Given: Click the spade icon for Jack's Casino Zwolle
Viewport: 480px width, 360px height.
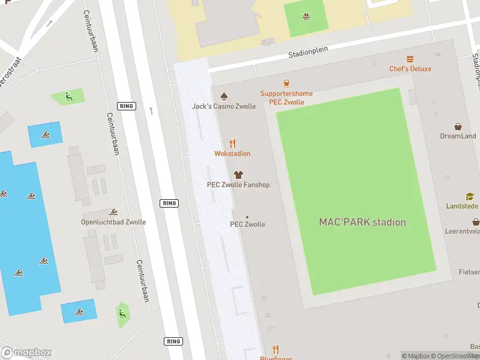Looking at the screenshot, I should [x=224, y=96].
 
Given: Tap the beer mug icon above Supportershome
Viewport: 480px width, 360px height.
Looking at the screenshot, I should [x=286, y=83].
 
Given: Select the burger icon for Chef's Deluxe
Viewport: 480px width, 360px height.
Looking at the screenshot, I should [x=410, y=59].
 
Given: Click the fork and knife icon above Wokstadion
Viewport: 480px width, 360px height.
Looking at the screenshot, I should [x=232, y=143].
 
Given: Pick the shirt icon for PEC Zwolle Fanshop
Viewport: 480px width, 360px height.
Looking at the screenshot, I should [x=238, y=175].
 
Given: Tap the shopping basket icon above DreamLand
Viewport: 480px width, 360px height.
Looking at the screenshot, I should [x=458, y=127].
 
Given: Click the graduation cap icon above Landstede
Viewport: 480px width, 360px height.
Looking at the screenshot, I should [x=470, y=196].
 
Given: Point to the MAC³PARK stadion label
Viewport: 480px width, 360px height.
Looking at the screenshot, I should [x=362, y=222].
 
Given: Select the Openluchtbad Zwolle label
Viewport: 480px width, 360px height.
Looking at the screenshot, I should [x=113, y=222].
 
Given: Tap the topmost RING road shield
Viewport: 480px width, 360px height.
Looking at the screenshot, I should [x=127, y=106].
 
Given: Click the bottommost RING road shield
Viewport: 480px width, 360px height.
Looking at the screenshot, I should [x=172, y=341].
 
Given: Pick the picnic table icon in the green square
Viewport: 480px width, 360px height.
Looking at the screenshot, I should [x=306, y=16].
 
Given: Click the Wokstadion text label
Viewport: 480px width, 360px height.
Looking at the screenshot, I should [x=232, y=154].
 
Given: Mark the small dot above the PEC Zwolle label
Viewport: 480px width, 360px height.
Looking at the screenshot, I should [x=247, y=217].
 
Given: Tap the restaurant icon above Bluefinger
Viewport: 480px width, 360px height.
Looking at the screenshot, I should [x=275, y=349].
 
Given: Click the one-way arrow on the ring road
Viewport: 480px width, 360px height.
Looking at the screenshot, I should [x=151, y=110].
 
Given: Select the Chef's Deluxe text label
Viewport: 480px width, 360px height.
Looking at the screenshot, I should [x=410, y=69].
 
